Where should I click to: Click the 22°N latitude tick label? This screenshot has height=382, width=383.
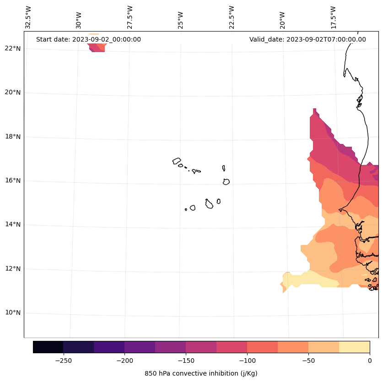(x=13, y=48)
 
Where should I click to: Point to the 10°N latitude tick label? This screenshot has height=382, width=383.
(x=13, y=313)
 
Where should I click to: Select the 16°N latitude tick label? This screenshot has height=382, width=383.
(x=13, y=180)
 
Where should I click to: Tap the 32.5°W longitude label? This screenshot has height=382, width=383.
(x=28, y=17)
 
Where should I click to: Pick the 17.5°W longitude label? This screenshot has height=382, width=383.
(x=333, y=17)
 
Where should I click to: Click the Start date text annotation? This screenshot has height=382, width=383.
(x=88, y=39)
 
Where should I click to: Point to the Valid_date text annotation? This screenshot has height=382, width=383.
(x=307, y=39)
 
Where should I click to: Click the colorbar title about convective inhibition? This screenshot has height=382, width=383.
(x=201, y=373)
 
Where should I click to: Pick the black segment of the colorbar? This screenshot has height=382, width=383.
(x=48, y=347)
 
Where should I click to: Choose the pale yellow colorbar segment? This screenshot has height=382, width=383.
(x=354, y=347)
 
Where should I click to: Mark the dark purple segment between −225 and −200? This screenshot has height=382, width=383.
(x=109, y=347)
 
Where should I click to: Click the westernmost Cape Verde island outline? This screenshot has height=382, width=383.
(x=177, y=161)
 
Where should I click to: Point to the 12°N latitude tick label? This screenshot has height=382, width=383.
(x=13, y=269)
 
